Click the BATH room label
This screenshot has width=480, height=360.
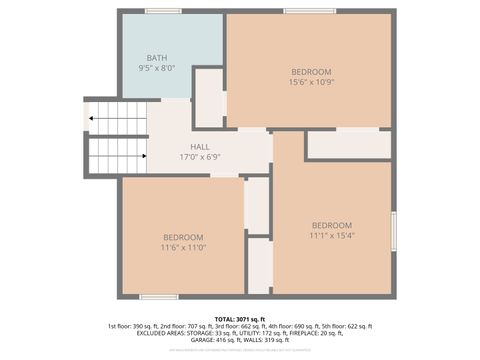point(157,58)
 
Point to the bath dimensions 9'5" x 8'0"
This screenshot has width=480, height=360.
point(157,68)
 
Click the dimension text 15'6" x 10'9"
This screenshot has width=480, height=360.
point(311,82)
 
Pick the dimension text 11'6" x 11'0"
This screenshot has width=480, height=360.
point(183,247)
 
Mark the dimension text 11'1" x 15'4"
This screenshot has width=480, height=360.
point(331,235)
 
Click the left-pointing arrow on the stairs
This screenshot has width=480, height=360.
point(93,118)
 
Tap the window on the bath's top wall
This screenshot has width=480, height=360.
point(163,11)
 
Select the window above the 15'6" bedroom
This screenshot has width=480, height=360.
point(309,11)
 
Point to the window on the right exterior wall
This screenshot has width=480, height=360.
point(394,231)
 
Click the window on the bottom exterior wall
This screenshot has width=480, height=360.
point(159,297)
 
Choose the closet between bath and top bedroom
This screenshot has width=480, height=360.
point(209,98)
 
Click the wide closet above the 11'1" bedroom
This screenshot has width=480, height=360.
point(348,145)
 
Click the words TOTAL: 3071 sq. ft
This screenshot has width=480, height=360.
point(240,318)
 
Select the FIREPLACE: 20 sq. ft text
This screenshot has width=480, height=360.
point(339,333)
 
